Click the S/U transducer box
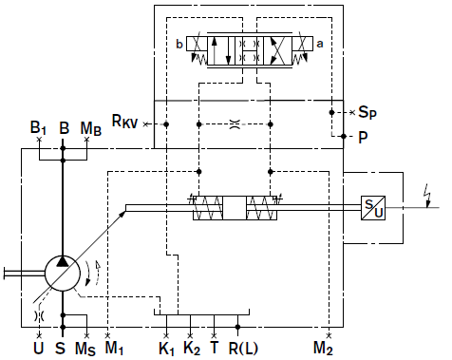(x=373, y=208)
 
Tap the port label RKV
(x=124, y=121)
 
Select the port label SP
(x=367, y=112)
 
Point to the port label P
(x=363, y=137)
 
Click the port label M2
(x=323, y=348)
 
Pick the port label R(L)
(x=243, y=348)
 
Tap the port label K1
(x=166, y=349)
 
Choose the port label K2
(x=192, y=348)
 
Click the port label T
(x=215, y=347)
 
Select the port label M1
(x=114, y=348)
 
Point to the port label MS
(x=85, y=349)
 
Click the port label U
(x=38, y=348)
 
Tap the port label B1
(x=38, y=127)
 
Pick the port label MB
(x=91, y=128)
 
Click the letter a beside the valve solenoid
(x=320, y=44)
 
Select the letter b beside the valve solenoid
(x=179, y=44)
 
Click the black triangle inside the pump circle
(x=63, y=261)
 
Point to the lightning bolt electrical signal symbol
(x=428, y=196)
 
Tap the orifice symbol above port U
(x=39, y=315)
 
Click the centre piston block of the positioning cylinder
(x=235, y=208)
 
